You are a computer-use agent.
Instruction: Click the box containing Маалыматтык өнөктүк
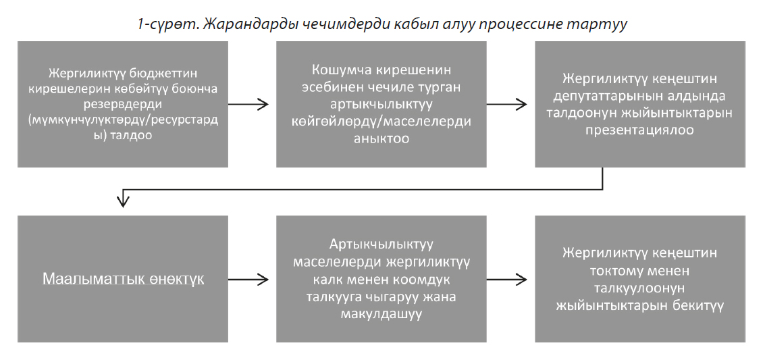123,279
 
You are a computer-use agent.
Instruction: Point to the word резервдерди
123,105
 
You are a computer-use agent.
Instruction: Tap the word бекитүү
695,306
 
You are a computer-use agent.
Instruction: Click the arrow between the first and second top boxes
248,104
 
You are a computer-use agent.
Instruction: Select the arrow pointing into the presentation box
506,104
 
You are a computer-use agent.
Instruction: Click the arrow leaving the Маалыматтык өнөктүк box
248,280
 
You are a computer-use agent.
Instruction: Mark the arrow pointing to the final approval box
506,280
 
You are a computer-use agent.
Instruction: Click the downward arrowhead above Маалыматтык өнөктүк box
123,201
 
